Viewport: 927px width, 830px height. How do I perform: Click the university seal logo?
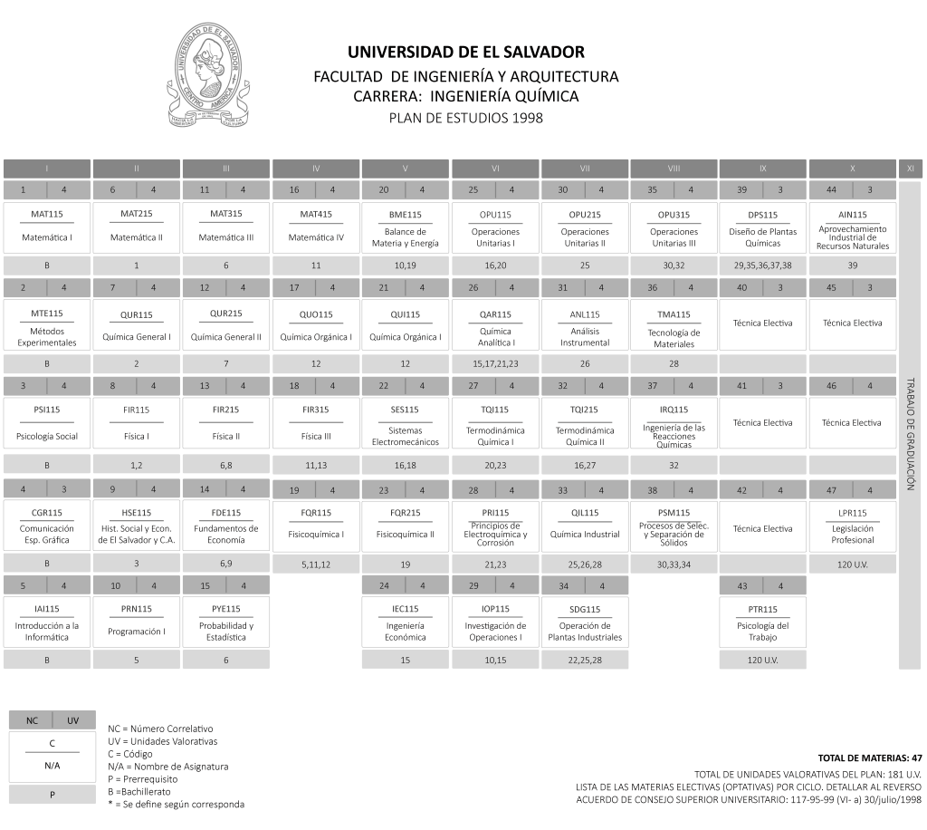pos(207,75)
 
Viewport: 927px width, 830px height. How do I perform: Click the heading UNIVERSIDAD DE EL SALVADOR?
pos(466,52)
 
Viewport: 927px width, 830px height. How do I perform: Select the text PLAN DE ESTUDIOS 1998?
pos(466,118)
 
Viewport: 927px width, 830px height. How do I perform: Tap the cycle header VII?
pos(585,169)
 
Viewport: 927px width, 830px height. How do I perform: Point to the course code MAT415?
pos(316,214)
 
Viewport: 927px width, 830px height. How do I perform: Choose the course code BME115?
pos(405,215)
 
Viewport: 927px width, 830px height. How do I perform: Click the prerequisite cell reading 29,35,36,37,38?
pos(762,265)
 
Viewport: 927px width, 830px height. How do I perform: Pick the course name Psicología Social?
pos(47,437)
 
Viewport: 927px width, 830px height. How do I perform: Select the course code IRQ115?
pos(674,410)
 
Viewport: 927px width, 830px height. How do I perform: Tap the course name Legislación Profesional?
pos(853,535)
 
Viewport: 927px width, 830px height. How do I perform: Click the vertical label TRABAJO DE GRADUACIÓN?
pos(911,434)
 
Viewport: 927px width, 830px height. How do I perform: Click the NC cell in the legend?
pos(32,720)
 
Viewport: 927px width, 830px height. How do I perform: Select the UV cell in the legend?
pos(73,720)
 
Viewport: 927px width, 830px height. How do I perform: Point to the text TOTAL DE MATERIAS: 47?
pos(870,758)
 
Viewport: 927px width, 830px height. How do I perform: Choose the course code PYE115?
pos(225,609)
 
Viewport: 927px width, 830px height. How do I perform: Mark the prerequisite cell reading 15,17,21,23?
pos(495,364)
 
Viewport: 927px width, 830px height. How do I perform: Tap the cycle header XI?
pos(911,169)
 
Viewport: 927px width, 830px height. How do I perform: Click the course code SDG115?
pos(585,609)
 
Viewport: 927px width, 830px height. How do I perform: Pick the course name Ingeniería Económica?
pos(405,632)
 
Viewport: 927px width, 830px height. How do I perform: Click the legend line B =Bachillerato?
pos(139,792)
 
